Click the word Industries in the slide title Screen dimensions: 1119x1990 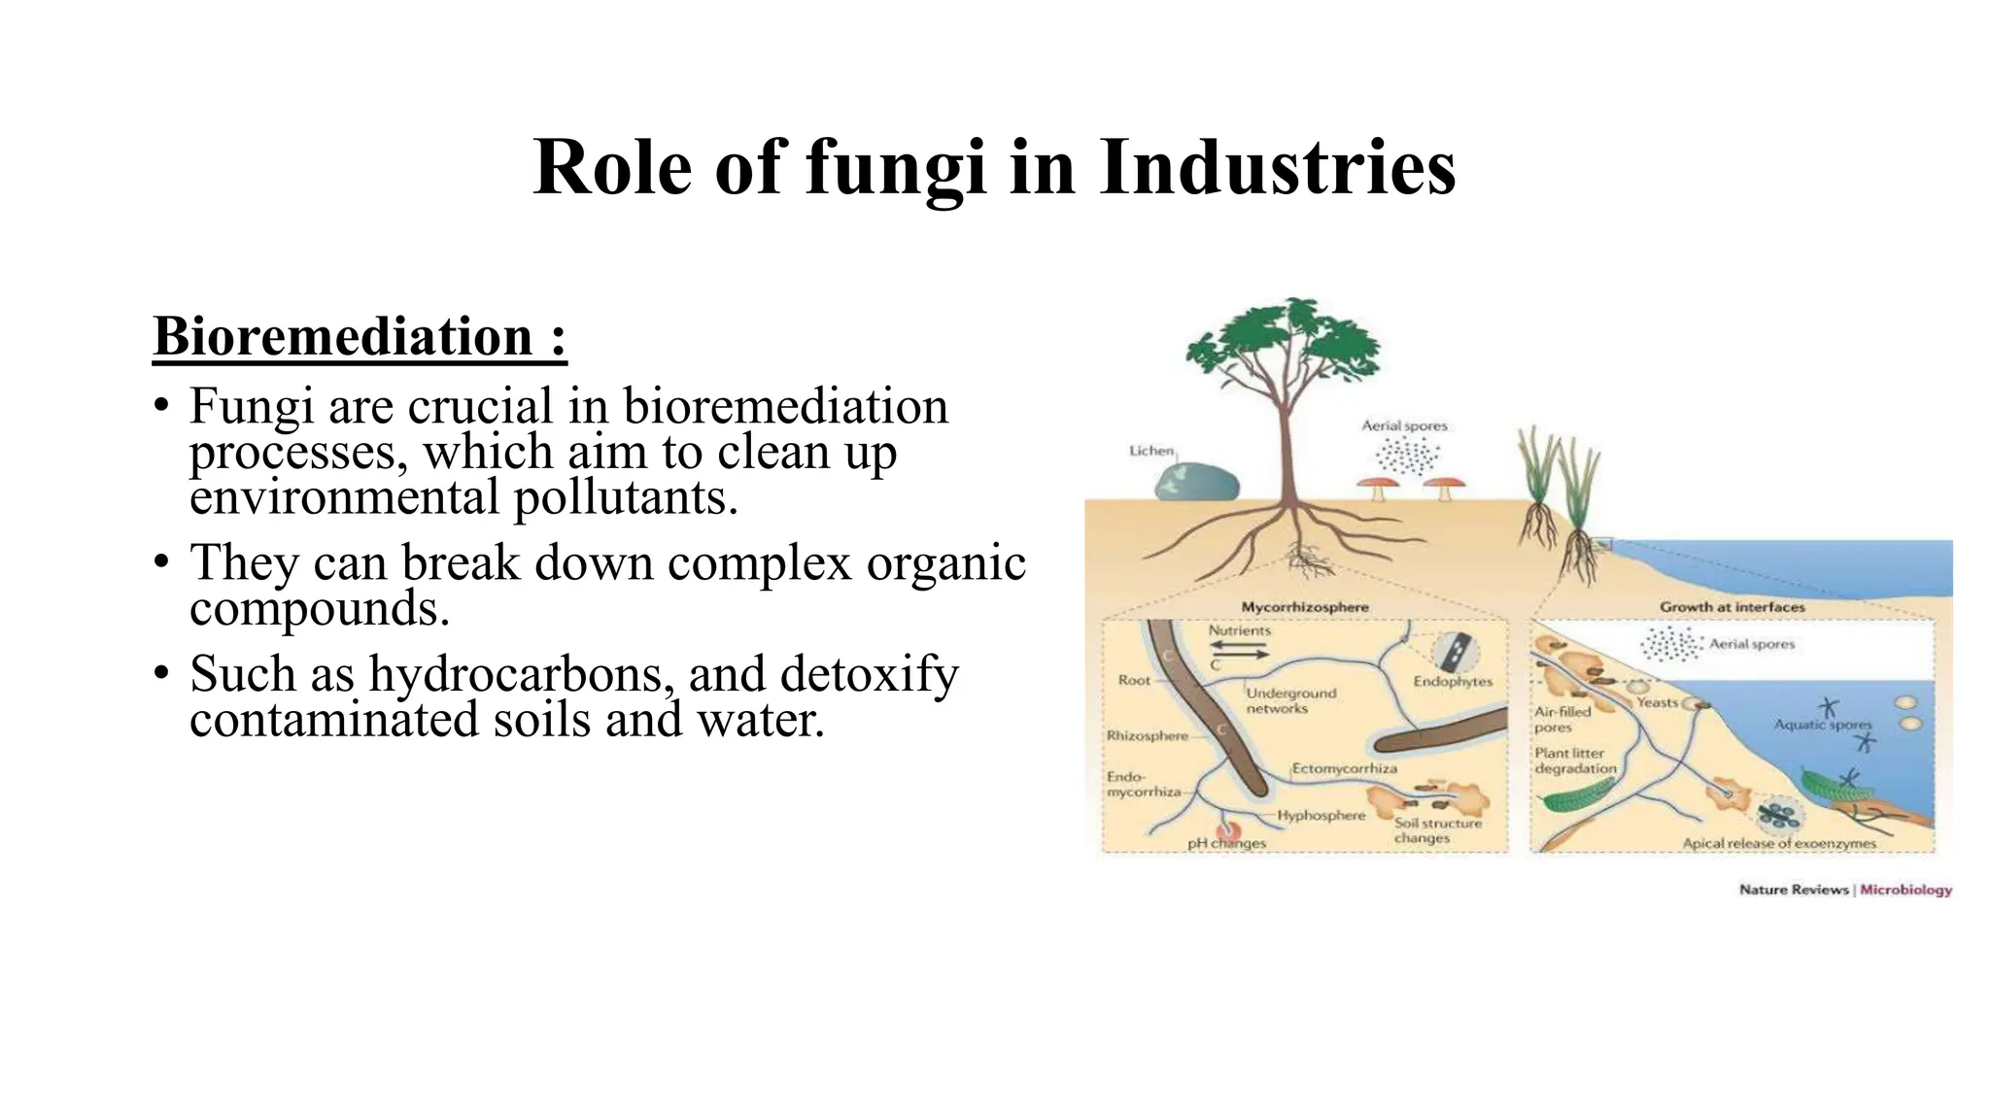click(1277, 167)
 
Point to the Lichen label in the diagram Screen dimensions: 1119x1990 click(1151, 451)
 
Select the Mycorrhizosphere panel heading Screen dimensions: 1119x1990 click(1304, 607)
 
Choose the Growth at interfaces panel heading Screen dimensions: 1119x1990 click(1732, 607)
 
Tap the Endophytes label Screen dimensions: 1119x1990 click(1453, 681)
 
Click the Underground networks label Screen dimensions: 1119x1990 click(1290, 700)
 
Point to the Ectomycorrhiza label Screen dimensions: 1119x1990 click(1344, 768)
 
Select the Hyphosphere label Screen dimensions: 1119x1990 click(1321, 816)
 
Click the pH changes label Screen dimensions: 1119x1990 click(1226, 843)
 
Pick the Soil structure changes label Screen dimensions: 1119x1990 click(1437, 831)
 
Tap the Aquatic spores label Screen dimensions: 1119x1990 click(1822, 725)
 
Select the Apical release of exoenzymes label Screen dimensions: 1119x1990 click(1779, 843)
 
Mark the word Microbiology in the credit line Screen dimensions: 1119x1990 click(1905, 890)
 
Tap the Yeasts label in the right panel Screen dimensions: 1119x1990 click(1657, 702)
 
